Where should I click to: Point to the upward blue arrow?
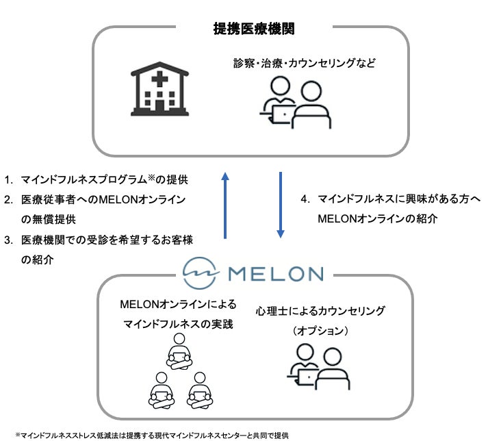[225, 205]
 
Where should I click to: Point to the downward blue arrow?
[281, 205]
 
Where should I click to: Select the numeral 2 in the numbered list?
[8, 200]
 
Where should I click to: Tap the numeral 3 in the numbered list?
[8, 240]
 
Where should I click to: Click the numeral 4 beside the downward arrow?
[305, 199]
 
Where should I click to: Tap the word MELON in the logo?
[274, 274]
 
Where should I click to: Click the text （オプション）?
[321, 330]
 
